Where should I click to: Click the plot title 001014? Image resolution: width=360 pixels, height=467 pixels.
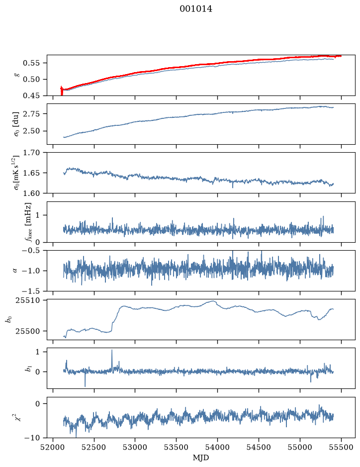[x=196, y=9]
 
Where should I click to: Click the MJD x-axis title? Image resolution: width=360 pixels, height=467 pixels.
[x=201, y=458]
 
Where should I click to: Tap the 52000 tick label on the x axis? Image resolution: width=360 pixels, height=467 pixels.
[x=53, y=447]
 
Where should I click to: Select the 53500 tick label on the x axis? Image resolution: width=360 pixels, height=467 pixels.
[x=177, y=447]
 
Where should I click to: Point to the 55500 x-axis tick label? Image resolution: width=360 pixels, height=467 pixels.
[x=341, y=447]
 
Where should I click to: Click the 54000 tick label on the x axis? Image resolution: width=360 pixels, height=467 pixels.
[x=217, y=447]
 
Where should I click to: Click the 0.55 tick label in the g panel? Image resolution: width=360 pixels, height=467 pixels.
[x=31, y=63]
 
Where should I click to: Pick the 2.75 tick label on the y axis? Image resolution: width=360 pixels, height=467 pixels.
[x=31, y=113]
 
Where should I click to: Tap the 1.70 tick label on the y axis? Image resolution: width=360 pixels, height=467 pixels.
[x=31, y=153]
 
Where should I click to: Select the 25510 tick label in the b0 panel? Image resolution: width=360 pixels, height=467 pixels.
[x=27, y=300]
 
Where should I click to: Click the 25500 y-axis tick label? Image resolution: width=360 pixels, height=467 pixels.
[x=27, y=331]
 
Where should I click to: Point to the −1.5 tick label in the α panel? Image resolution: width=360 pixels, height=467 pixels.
[x=31, y=291]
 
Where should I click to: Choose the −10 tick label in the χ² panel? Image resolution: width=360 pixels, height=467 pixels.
[x=33, y=438]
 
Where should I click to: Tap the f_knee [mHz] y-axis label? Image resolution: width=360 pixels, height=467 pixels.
[x=28, y=222]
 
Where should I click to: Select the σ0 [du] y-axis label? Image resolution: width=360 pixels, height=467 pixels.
[x=16, y=124]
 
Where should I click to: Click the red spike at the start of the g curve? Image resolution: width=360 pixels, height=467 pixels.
[x=62, y=91]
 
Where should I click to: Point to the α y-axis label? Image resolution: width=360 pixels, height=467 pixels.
[x=15, y=271]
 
